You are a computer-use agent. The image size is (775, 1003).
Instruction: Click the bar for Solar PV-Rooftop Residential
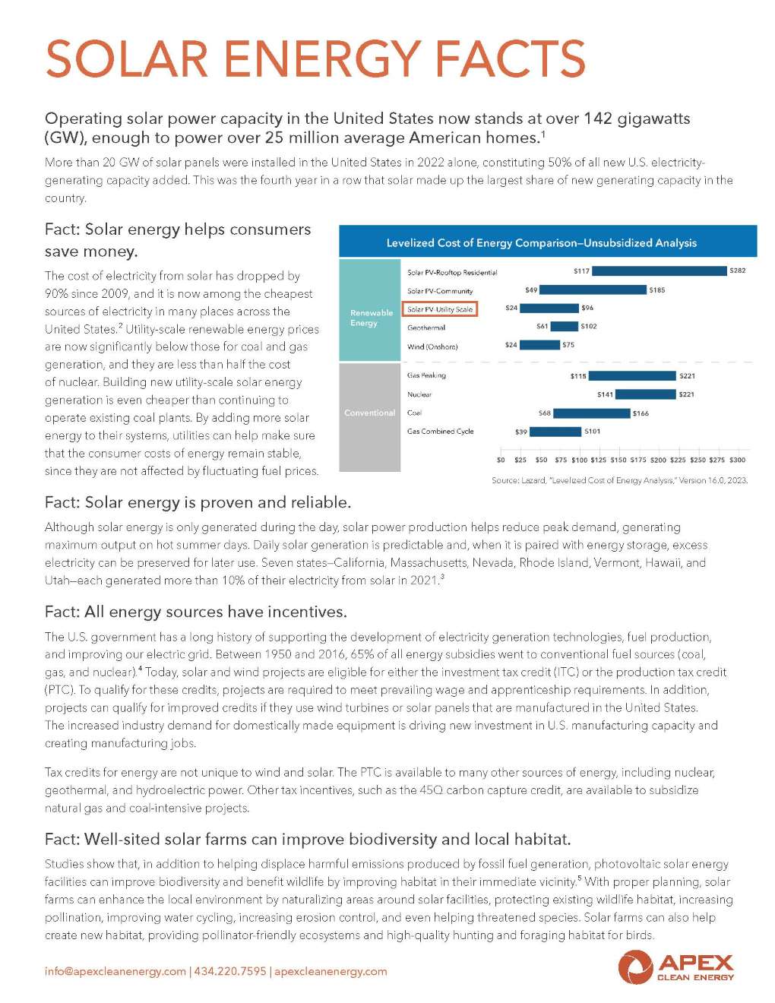tap(660, 271)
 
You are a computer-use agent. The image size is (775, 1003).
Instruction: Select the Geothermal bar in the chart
tap(564, 326)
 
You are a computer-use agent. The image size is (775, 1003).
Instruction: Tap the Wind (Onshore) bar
tap(539, 345)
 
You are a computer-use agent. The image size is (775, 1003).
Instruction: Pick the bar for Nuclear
tap(645, 394)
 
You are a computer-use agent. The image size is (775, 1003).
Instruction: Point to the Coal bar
tap(592, 413)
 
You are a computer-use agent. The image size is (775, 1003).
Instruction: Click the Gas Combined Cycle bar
tap(555, 432)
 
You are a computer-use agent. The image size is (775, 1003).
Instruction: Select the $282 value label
tap(737, 271)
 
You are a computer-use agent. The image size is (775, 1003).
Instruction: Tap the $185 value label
tap(656, 290)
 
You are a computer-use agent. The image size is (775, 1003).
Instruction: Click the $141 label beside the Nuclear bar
tap(605, 394)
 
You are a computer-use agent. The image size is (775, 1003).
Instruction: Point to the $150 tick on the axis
tap(618, 460)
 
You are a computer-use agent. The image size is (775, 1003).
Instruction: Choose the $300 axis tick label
tap(738, 460)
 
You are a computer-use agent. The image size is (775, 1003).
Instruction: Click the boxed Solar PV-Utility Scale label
tap(439, 309)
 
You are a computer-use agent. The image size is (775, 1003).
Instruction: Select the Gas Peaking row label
tap(426, 375)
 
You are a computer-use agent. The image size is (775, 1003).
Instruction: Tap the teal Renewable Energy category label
tap(371, 318)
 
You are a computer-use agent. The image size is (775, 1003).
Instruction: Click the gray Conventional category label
tap(370, 413)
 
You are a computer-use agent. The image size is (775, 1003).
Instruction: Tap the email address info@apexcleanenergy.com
tap(115, 971)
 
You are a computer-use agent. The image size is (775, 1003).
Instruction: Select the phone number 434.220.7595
tap(230, 971)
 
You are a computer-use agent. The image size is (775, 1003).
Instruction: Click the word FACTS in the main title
tap(511, 59)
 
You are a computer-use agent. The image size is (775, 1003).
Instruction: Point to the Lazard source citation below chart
tap(619, 480)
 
